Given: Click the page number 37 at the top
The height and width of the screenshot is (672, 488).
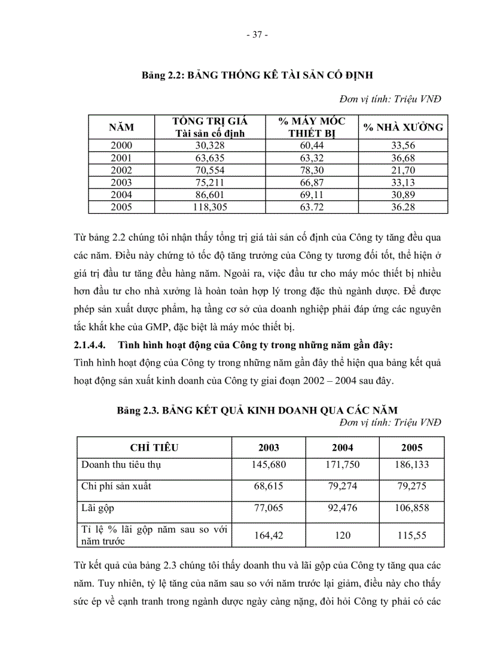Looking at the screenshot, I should point(257,35).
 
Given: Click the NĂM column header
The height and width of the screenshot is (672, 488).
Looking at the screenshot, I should point(121,127).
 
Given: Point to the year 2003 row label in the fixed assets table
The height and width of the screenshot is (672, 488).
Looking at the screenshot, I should point(121,183).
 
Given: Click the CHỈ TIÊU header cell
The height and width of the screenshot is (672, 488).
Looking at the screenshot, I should point(154,448).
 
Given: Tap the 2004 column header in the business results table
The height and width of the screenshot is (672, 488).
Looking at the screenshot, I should point(343,448).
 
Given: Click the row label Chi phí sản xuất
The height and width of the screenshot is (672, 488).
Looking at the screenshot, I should point(116,486).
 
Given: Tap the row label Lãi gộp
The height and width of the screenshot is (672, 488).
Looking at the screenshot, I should point(97,508).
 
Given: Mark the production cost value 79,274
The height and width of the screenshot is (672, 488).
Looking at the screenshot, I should point(343,486).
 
